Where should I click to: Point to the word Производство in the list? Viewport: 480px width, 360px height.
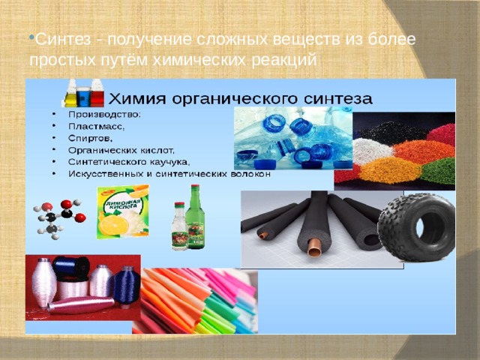(x=103, y=115)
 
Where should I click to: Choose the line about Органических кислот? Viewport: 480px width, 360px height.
(x=120, y=150)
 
